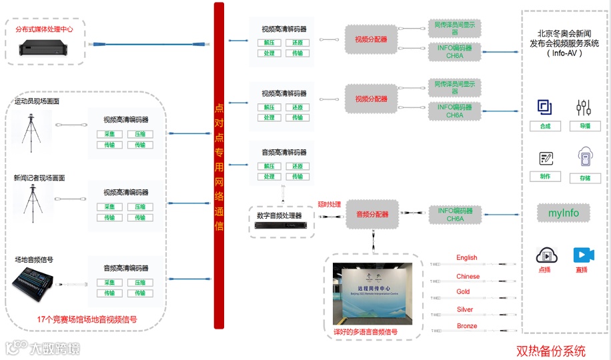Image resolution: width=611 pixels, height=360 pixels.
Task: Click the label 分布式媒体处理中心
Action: point(45,29)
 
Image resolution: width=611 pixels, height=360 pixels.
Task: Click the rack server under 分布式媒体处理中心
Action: point(45,47)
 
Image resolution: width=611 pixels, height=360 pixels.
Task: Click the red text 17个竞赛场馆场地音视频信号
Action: point(87,320)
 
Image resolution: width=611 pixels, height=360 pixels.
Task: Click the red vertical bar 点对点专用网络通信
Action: point(219,165)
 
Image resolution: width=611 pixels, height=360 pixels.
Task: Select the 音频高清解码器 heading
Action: point(284,153)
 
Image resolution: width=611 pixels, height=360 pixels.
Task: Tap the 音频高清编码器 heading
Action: point(125,268)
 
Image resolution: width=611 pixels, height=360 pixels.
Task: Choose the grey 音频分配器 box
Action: point(371,215)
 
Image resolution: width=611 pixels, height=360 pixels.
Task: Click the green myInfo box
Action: point(564,213)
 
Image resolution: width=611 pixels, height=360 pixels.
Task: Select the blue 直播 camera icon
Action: point(584,255)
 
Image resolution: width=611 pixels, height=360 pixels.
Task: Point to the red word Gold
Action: point(464,292)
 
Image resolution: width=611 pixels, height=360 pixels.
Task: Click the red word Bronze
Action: point(467,326)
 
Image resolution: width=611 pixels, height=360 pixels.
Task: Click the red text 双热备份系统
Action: point(550,351)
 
